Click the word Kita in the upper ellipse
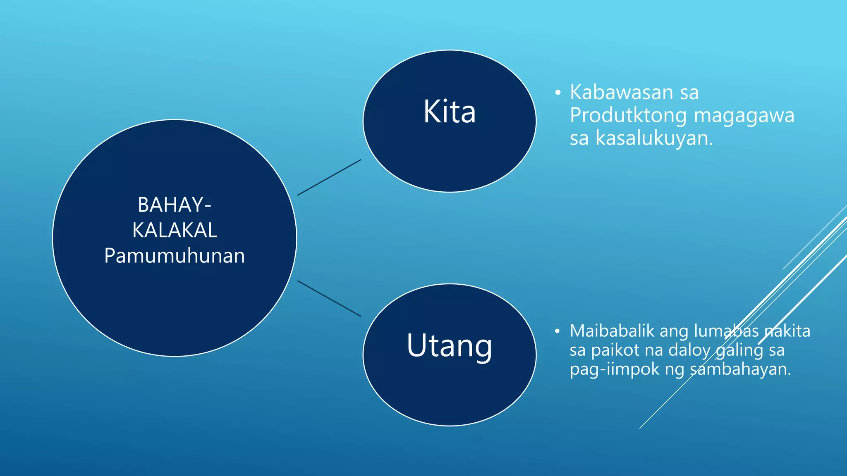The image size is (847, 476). [450, 112]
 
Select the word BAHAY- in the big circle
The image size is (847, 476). [174, 205]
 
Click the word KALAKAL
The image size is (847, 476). [175, 230]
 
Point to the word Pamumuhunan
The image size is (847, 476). [175, 256]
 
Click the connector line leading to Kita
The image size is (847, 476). [329, 177]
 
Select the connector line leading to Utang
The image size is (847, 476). [329, 298]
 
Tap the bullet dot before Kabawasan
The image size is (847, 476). [558, 93]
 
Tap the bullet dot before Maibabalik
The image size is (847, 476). [557, 331]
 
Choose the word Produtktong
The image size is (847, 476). [628, 115]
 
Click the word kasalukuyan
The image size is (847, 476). [654, 138]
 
